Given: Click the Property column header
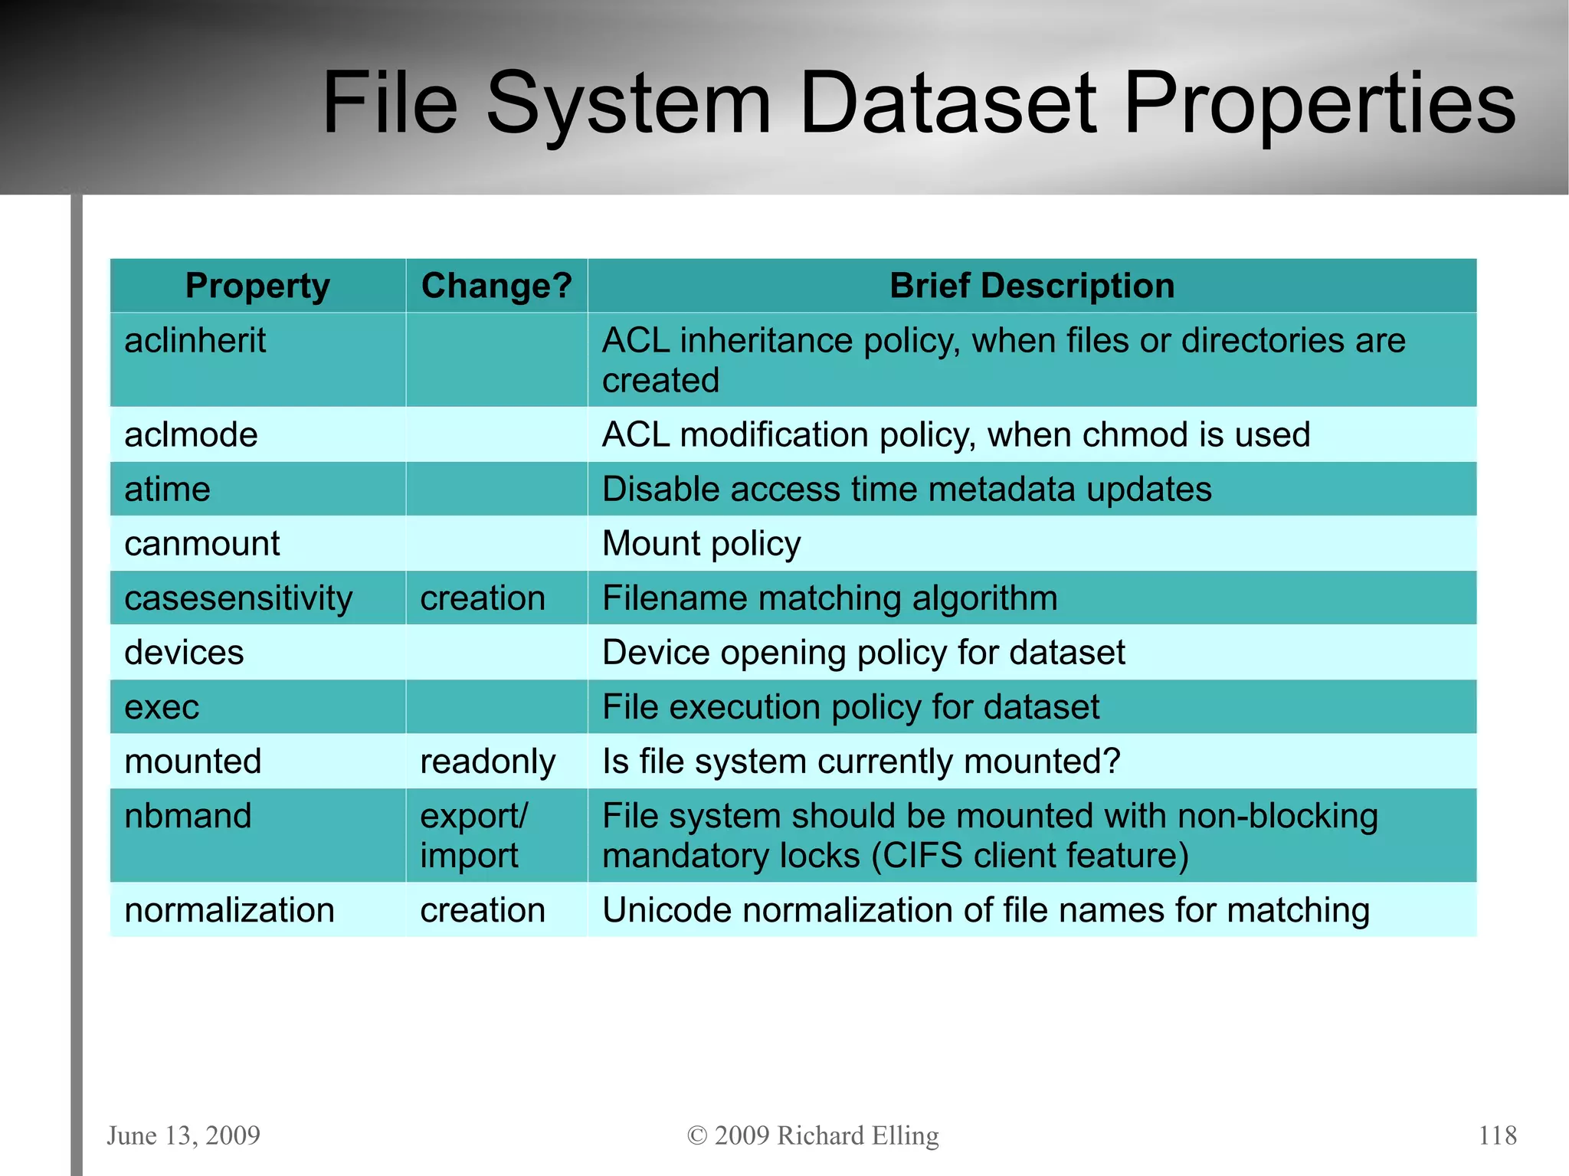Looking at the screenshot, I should pos(257,286).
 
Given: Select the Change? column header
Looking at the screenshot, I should pos(496,286).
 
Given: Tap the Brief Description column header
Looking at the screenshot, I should pos(1031,286).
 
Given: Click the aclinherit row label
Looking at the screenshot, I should pos(195,341).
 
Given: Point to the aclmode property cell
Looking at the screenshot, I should pos(191,435).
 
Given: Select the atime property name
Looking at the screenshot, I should pos(167,490).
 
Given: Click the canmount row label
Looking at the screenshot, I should pos(202,544).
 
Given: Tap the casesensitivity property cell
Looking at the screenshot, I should pos(238,598).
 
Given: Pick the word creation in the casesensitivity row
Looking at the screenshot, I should pos(483,598).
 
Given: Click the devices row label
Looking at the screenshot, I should pos(184,653).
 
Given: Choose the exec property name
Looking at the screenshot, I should pos(162,707).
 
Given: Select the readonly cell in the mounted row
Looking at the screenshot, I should pos(487,762).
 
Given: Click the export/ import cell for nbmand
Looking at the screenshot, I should pos(473,836).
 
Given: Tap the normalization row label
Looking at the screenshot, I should pos(229,910).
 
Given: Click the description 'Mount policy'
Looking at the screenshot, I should pos(701,544).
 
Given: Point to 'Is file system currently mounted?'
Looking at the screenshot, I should pos(861,762).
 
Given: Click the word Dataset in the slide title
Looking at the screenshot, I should pos(948,103).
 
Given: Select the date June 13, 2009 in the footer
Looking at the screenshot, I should pos(183,1135).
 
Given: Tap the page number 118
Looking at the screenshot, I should pos(1497,1135).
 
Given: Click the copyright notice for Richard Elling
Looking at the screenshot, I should pos(813,1135).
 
